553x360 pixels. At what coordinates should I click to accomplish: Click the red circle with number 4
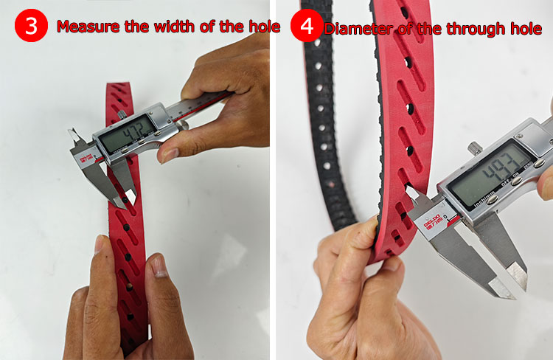(305, 26)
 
